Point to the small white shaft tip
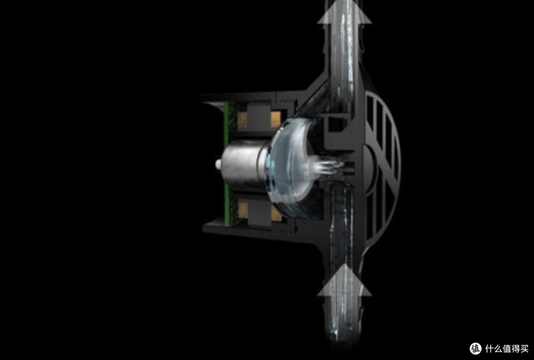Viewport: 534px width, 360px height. [x=218, y=165]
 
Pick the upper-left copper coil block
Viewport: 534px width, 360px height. [x=242, y=120]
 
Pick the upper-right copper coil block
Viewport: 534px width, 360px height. [x=275, y=120]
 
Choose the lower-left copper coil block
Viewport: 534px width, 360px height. [x=243, y=210]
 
